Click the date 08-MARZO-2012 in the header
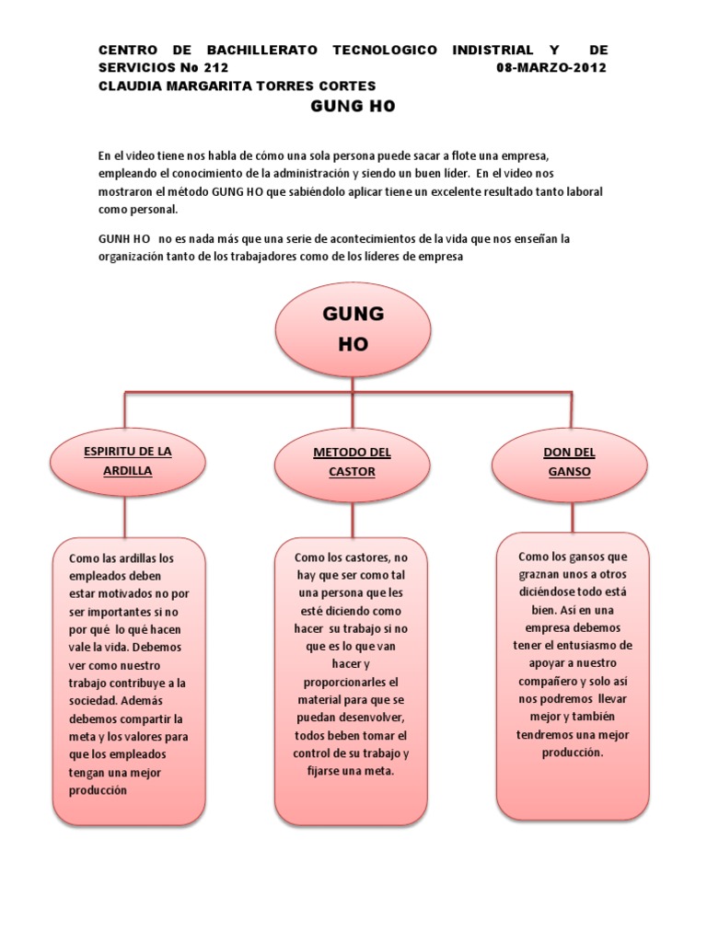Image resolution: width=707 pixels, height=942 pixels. click(551, 68)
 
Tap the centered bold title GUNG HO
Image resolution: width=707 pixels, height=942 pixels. click(353, 107)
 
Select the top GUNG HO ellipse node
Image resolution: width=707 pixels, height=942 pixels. click(353, 328)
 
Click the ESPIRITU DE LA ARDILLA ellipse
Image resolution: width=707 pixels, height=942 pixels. click(128, 461)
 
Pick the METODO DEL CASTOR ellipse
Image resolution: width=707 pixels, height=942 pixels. click(352, 462)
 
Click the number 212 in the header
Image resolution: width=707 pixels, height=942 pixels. click(213, 68)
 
